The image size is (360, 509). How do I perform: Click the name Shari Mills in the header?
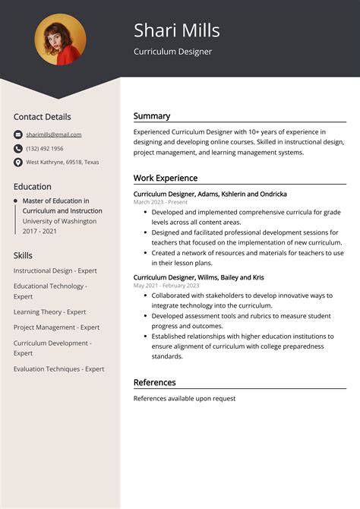[177, 30]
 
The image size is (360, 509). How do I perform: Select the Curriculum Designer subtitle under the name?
[172, 52]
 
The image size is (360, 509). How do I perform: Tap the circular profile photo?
[60, 40]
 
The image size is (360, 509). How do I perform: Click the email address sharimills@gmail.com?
[53, 134]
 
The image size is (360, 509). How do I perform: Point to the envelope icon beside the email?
[18, 134]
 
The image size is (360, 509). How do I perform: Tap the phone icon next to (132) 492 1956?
[18, 148]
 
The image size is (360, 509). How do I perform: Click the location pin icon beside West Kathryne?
[18, 162]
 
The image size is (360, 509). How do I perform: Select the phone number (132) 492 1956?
[45, 148]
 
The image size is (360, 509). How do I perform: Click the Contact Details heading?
[42, 117]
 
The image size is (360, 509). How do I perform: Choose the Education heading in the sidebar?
[33, 186]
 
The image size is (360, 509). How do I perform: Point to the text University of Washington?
[59, 221]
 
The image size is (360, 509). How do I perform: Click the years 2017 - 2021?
[40, 231]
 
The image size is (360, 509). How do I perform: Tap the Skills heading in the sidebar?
[23, 255]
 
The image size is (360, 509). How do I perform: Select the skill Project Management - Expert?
[56, 327]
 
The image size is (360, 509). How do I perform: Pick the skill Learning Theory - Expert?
[49, 312]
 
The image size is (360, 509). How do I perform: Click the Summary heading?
[152, 116]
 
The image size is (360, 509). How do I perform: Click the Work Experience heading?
[166, 179]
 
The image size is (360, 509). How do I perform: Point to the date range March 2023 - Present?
[160, 202]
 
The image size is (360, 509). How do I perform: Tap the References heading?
[155, 382]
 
